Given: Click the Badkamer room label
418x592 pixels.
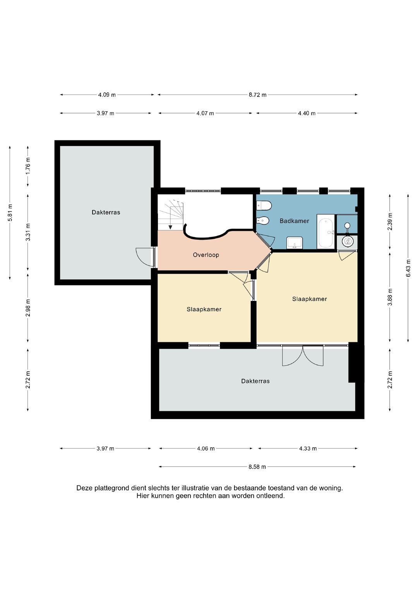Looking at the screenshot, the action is pyautogui.click(x=294, y=221).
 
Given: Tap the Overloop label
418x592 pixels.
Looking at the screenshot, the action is pyautogui.click(x=206, y=255).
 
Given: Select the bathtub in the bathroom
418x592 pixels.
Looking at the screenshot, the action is pyautogui.click(x=325, y=232).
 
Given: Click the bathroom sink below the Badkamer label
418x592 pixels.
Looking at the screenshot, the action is pyautogui.click(x=295, y=243).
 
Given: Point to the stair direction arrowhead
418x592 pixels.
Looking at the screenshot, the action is pyautogui.click(x=170, y=227).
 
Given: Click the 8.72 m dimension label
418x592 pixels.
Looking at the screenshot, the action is pyautogui.click(x=257, y=95).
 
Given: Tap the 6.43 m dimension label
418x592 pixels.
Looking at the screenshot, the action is pyautogui.click(x=408, y=268).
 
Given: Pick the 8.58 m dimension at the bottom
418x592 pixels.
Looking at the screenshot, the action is pyautogui.click(x=257, y=467).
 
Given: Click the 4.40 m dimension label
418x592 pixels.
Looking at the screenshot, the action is pyautogui.click(x=307, y=113).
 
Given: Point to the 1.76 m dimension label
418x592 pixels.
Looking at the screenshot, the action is pyautogui.click(x=28, y=166).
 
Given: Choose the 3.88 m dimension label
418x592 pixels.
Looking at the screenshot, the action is pyautogui.click(x=390, y=297).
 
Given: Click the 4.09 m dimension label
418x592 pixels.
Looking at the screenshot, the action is pyautogui.click(x=107, y=95).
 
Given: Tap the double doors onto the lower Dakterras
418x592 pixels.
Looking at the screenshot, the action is pyautogui.click(x=303, y=355).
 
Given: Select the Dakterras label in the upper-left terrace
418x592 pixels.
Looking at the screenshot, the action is pyautogui.click(x=106, y=212).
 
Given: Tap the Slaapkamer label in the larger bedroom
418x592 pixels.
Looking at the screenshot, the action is pyautogui.click(x=310, y=299).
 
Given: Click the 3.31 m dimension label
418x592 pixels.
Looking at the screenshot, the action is pyautogui.click(x=28, y=232).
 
